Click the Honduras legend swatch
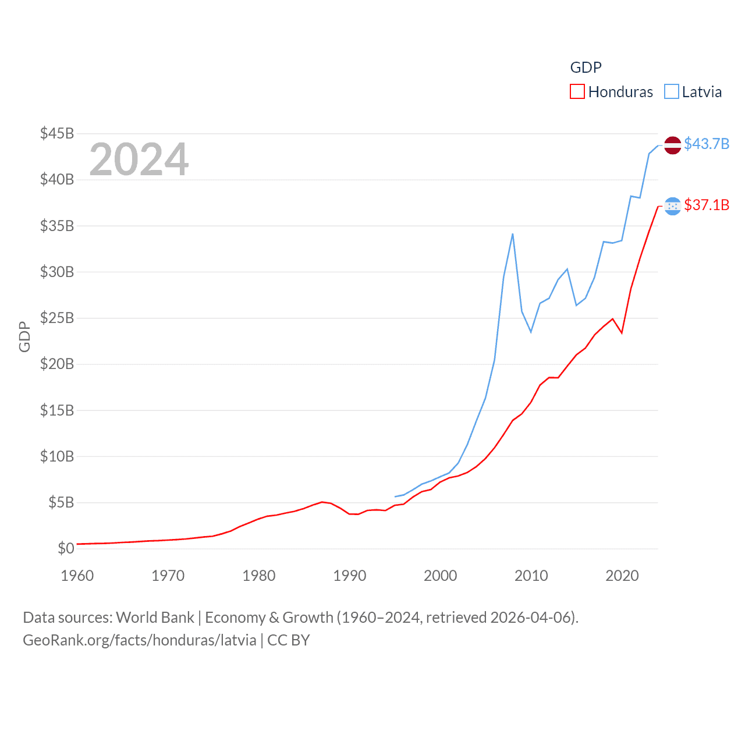click(577, 92)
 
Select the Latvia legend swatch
click(672, 92)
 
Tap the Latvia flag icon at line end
click(672, 145)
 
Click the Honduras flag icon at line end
click(672, 206)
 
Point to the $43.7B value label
click(707, 144)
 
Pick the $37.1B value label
click(707, 205)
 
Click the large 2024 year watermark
click(139, 159)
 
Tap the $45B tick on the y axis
click(57, 133)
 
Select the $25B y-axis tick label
click(57, 318)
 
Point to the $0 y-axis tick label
click(66, 548)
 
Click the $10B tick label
click(57, 456)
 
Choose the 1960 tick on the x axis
click(77, 576)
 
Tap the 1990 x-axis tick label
click(350, 576)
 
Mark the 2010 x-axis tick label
click(531, 576)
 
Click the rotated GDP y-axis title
click(24, 336)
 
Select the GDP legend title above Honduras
click(586, 68)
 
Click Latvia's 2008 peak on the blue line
click(512, 234)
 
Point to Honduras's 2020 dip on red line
click(622, 333)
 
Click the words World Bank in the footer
click(155, 617)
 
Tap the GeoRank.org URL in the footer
click(140, 640)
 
